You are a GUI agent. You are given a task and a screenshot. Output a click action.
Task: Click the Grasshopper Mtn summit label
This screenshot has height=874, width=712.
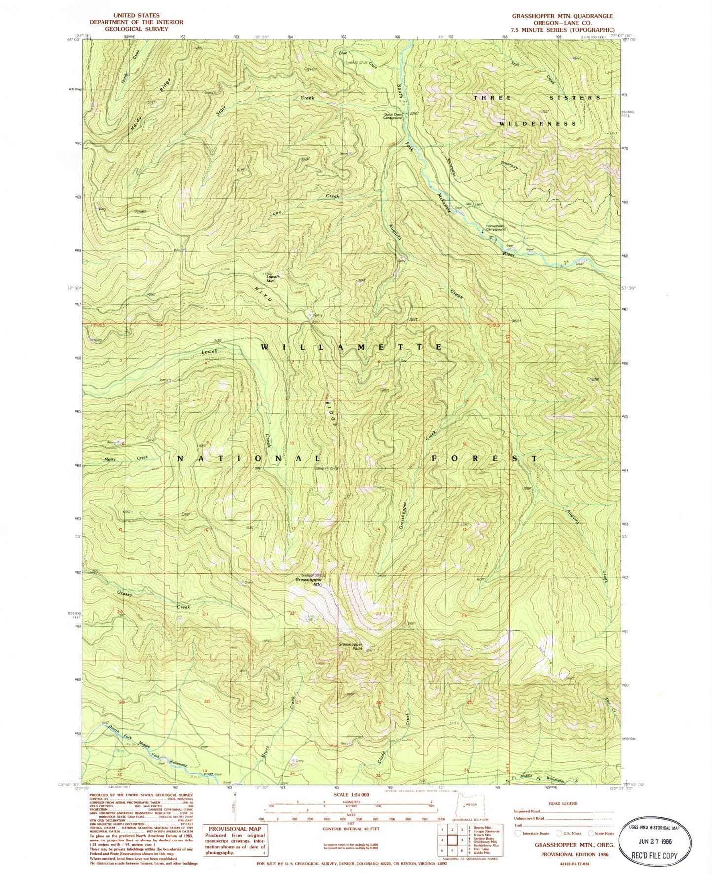pyautogui.click(x=308, y=582)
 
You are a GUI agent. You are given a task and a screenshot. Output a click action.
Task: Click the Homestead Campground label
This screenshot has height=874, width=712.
pyautogui.click(x=496, y=228)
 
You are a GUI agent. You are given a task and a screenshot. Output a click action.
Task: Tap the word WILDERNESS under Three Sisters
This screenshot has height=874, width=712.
pyautogui.click(x=538, y=123)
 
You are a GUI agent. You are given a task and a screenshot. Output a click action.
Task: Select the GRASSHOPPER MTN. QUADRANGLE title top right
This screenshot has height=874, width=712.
pyautogui.click(x=562, y=16)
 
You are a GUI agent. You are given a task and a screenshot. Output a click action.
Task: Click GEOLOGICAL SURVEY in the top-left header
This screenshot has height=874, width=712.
pyautogui.click(x=136, y=29)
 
